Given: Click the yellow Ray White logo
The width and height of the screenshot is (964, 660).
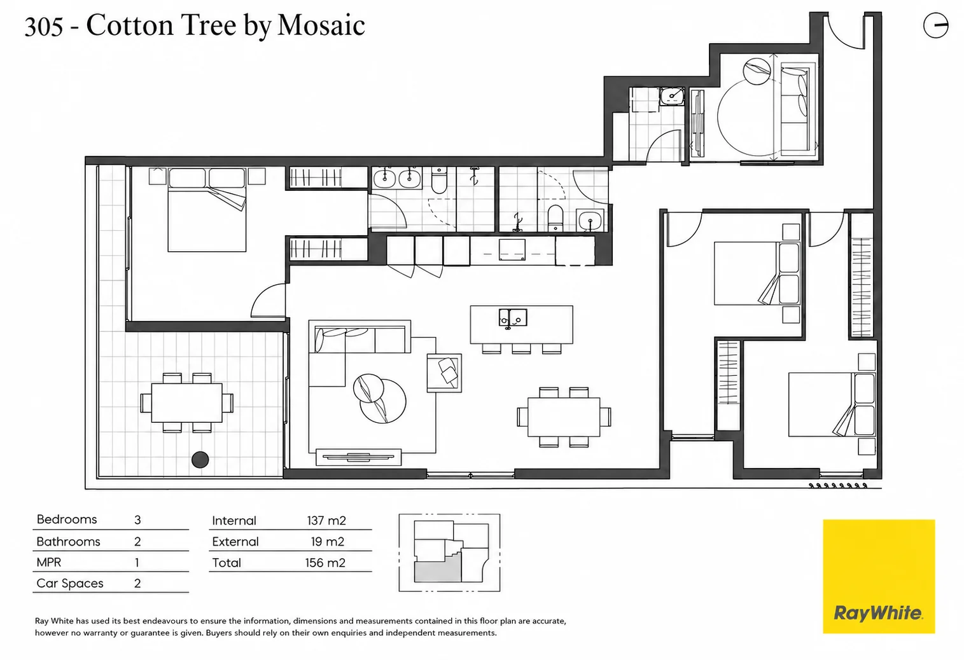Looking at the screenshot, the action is click(x=878, y=576).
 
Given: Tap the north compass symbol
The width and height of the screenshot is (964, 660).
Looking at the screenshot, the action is click(x=935, y=25).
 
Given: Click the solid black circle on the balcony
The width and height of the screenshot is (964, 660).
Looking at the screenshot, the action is click(x=200, y=460).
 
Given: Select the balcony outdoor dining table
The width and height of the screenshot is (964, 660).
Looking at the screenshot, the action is click(x=187, y=402).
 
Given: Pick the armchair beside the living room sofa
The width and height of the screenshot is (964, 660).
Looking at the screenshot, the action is click(x=444, y=373).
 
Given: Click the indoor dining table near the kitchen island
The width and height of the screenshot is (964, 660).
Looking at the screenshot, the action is click(x=564, y=416).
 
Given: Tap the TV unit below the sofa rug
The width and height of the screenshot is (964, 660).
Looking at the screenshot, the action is click(x=358, y=457).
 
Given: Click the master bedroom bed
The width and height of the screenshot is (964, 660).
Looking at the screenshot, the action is click(x=207, y=210).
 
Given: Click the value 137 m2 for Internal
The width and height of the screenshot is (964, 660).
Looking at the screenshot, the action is click(x=326, y=521).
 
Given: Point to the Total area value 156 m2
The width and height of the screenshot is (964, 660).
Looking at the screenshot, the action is click(x=325, y=563).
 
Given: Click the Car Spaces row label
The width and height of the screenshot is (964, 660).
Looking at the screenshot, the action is click(x=70, y=584).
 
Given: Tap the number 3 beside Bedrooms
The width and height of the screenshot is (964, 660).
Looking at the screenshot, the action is click(x=137, y=520).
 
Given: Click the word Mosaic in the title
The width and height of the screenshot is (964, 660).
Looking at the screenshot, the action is click(x=321, y=25).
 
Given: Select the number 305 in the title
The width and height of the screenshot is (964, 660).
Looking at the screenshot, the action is click(x=43, y=26).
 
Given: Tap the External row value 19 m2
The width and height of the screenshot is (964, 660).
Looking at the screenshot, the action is click(x=328, y=542).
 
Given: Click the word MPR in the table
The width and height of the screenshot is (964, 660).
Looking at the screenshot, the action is click(x=48, y=562).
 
